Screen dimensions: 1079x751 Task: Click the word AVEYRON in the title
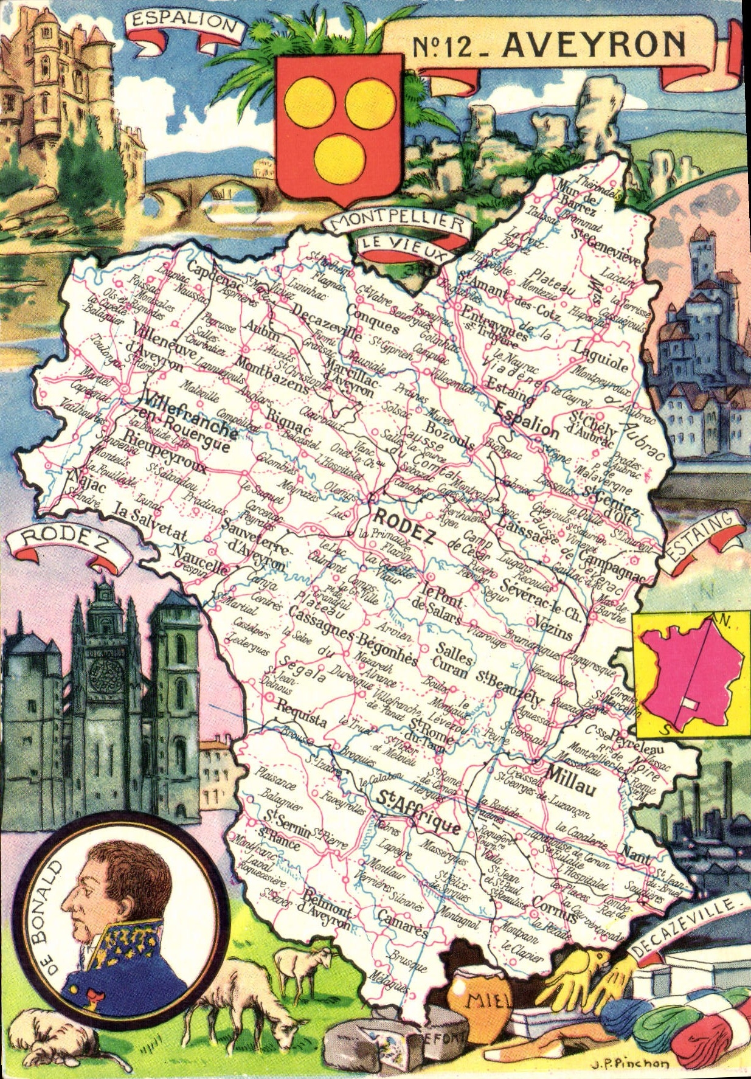[x=594, y=44]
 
